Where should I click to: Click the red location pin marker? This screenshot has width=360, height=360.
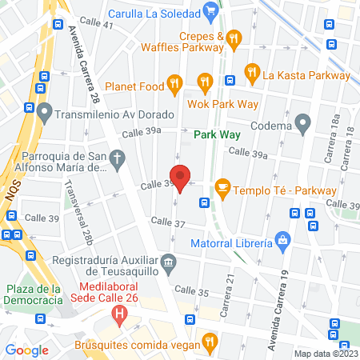click(x=181, y=178)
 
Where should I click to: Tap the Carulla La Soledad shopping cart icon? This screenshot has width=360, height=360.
click(x=210, y=10)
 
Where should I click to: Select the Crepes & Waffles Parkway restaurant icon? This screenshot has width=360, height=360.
click(x=234, y=37)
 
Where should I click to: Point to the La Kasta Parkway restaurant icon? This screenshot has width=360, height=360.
click(x=252, y=75)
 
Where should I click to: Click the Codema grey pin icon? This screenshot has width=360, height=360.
click(x=302, y=124)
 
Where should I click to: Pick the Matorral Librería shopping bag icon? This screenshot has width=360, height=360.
click(x=282, y=239)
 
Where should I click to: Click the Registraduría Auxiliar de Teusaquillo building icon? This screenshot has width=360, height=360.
click(x=168, y=262)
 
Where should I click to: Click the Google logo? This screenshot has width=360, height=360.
click(x=27, y=350)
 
